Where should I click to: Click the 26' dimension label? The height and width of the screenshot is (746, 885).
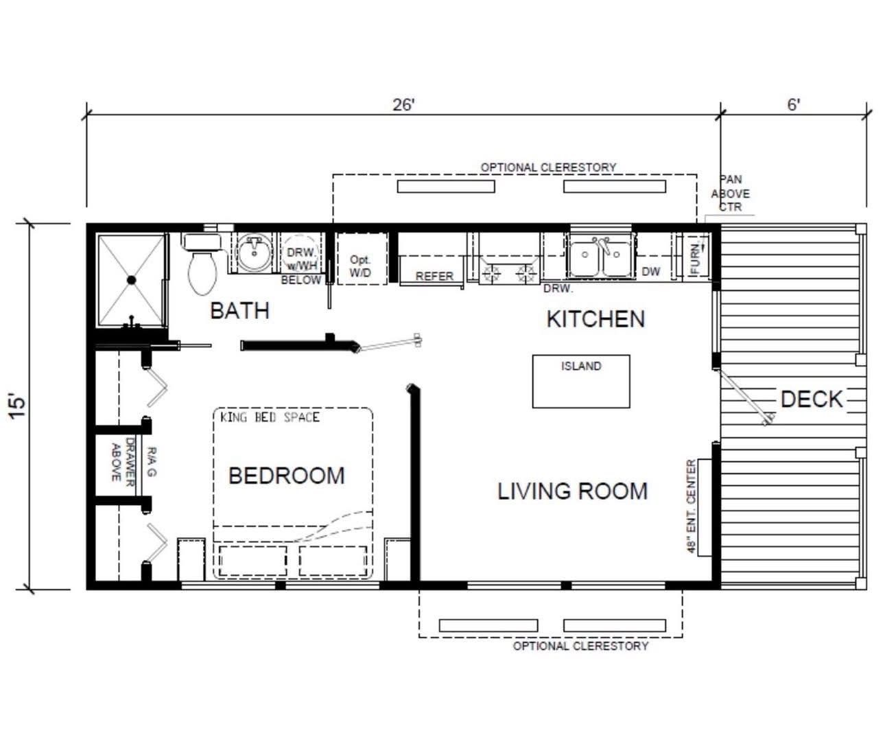tap(403, 104)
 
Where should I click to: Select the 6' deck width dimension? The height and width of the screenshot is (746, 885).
tap(793, 104)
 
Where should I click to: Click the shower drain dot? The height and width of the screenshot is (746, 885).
tap(130, 279)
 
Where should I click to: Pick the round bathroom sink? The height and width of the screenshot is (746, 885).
tap(255, 253)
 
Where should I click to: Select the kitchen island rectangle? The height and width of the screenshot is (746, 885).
tap(581, 382)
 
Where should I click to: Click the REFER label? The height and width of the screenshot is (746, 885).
tap(434, 276)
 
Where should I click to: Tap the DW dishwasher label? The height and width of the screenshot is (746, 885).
tap(650, 272)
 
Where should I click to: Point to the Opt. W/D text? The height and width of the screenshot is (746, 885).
tap(360, 266)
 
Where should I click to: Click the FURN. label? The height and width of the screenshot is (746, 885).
tap(695, 259)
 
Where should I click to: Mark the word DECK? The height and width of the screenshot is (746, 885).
tap(811, 399)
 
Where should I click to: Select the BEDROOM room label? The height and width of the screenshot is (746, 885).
tap(286, 475)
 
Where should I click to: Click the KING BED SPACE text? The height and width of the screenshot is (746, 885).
tap(270, 417)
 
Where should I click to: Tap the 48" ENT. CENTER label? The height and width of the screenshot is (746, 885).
tap(692, 506)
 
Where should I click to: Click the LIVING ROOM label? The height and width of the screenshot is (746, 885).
tap(572, 491)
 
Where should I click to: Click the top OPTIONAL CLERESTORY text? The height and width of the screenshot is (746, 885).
tap(547, 167)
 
